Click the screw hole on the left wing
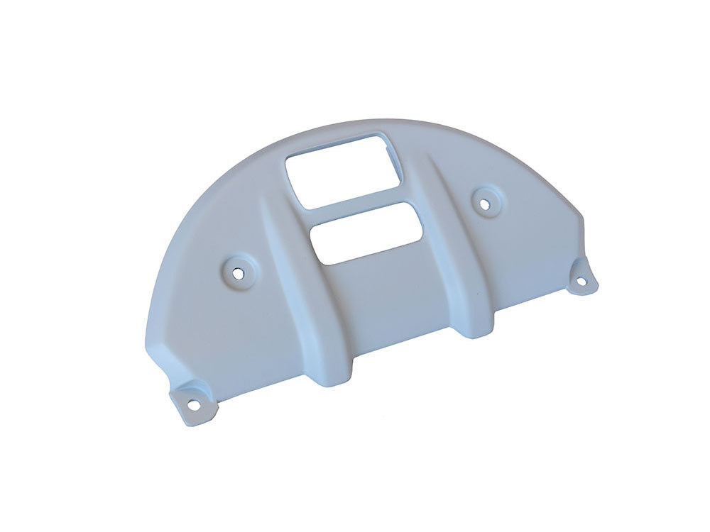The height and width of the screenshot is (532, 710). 239,270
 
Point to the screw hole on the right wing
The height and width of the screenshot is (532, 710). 485,203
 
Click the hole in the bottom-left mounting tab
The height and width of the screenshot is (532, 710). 191,406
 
